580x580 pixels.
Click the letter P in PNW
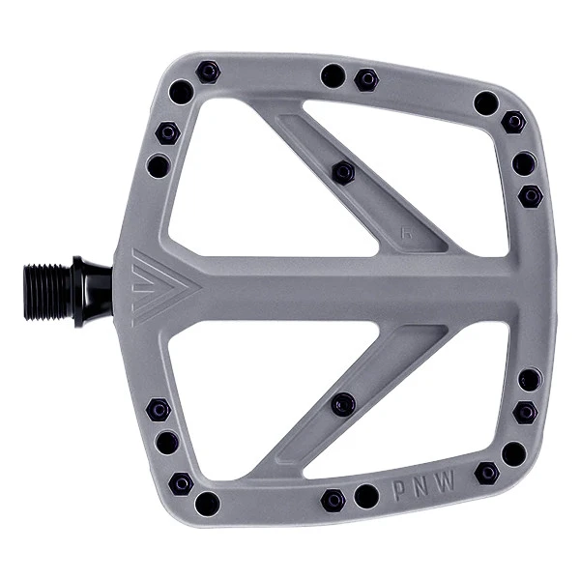399,490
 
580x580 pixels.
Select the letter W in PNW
445,480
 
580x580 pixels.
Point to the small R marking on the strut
407,233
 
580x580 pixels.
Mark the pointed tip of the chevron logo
201,287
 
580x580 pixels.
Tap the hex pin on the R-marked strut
343,173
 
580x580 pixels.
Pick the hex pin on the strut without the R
343,404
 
